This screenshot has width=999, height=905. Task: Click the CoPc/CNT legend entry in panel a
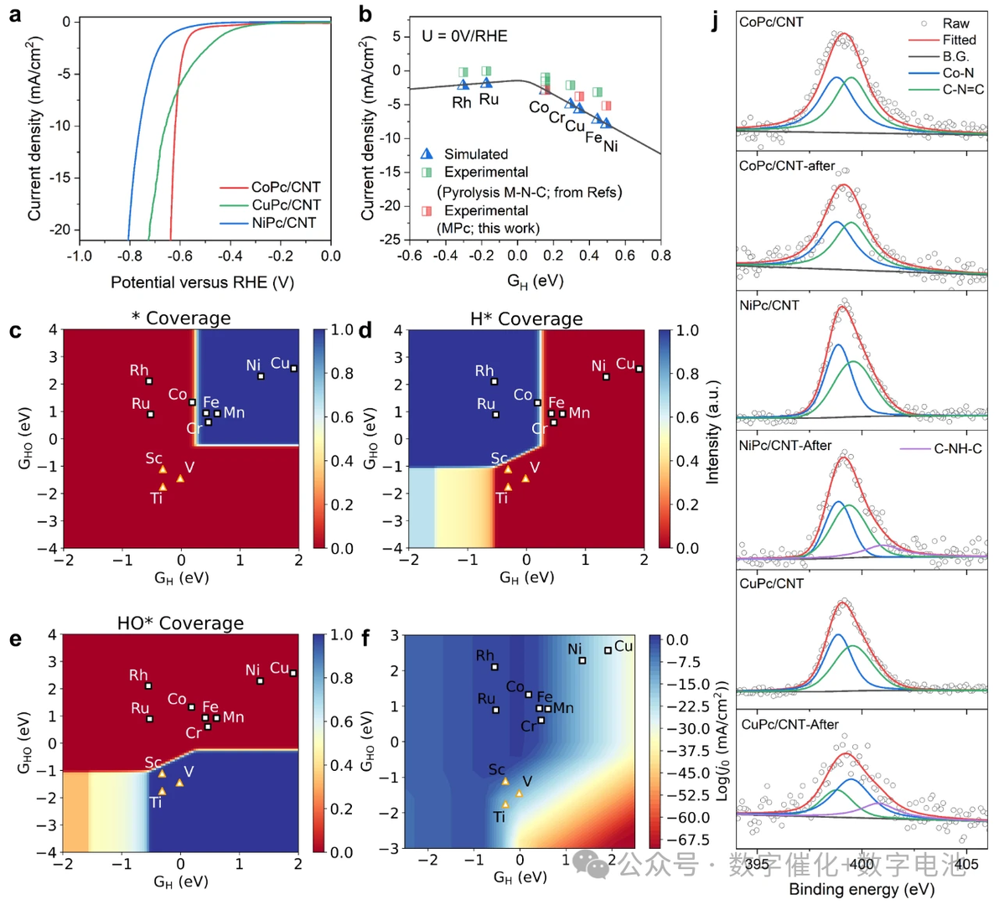click(x=285, y=187)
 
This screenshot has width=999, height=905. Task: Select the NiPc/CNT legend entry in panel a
click(x=284, y=223)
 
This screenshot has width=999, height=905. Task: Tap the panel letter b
click(x=365, y=13)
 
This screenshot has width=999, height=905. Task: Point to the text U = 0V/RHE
click(x=464, y=36)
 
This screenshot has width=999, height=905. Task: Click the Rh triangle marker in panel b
click(x=463, y=85)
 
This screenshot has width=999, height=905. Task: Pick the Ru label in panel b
click(x=489, y=100)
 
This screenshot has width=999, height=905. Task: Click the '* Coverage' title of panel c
click(x=180, y=318)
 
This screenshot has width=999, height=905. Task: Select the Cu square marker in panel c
click(x=293, y=368)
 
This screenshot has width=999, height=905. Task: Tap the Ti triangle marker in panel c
click(x=163, y=486)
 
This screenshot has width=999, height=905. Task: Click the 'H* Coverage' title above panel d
click(x=526, y=319)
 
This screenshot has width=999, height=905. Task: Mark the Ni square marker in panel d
click(x=606, y=377)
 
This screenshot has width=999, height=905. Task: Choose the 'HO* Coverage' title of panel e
click(x=180, y=623)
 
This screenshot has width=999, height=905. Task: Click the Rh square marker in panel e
click(x=148, y=685)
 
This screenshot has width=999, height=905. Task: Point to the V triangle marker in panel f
click(x=520, y=793)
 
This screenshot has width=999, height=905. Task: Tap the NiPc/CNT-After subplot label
click(x=785, y=446)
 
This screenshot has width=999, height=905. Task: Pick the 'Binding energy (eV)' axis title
click(x=862, y=889)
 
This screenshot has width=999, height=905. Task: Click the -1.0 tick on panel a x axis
click(x=79, y=256)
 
